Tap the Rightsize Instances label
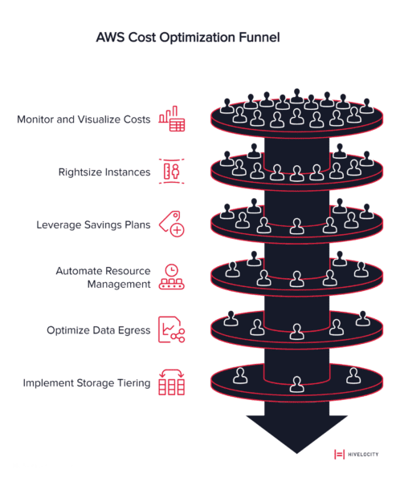[x=104, y=172]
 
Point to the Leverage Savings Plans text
[x=93, y=224]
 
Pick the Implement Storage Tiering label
[x=87, y=383]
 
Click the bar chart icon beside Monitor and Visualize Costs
[x=172, y=119]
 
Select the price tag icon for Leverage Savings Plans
[x=172, y=224]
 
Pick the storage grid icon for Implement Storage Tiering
[x=172, y=382]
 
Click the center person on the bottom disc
[x=296, y=385]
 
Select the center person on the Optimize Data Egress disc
[x=296, y=330]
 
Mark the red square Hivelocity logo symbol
[x=338, y=454]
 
